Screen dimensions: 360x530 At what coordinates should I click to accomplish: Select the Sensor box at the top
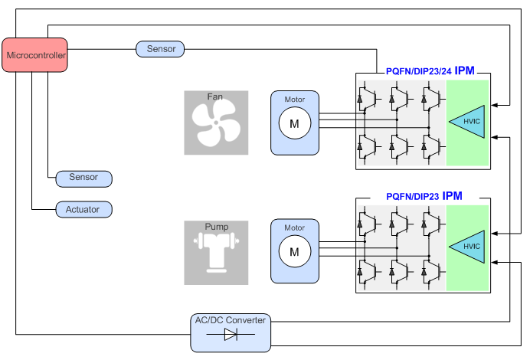[160, 49]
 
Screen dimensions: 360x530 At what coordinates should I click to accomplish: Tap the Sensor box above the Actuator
[83, 178]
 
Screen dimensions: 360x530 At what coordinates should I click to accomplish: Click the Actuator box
[83, 209]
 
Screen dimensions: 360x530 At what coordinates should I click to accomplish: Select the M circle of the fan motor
[294, 123]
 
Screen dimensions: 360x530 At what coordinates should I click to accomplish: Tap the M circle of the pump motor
[294, 250]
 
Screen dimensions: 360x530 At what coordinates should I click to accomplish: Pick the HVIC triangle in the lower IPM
[468, 247]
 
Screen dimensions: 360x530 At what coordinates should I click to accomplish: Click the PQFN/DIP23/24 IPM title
[430, 70]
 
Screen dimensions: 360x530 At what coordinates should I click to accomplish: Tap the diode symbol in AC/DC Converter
[230, 335]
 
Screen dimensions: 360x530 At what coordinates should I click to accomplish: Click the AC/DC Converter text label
[230, 320]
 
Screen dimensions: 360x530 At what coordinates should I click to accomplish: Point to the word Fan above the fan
[215, 97]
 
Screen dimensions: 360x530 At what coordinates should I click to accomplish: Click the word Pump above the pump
[216, 227]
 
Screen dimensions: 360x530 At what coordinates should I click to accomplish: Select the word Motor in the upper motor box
[294, 100]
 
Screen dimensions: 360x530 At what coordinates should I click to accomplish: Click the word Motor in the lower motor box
[294, 227]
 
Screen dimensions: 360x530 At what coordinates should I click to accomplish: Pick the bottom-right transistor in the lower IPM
[432, 270]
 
